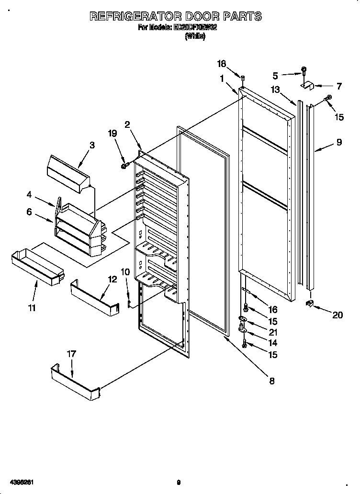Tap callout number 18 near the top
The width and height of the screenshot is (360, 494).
pyautogui.click(x=221, y=63)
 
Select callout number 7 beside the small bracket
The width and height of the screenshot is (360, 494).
pyautogui.click(x=339, y=87)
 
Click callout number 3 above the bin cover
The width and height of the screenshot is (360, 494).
pyautogui.click(x=92, y=145)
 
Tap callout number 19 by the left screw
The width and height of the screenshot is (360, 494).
pyautogui.click(x=112, y=134)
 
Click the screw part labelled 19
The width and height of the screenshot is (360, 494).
pyautogui.click(x=124, y=166)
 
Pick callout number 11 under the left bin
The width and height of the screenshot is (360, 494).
pyautogui.click(x=32, y=308)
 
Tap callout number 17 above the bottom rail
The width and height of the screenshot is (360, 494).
pyautogui.click(x=71, y=354)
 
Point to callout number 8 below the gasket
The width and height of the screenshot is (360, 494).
pyautogui.click(x=271, y=381)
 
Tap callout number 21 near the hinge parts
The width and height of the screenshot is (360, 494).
pyautogui.click(x=273, y=332)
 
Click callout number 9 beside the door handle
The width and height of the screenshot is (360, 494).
pyautogui.click(x=339, y=142)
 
